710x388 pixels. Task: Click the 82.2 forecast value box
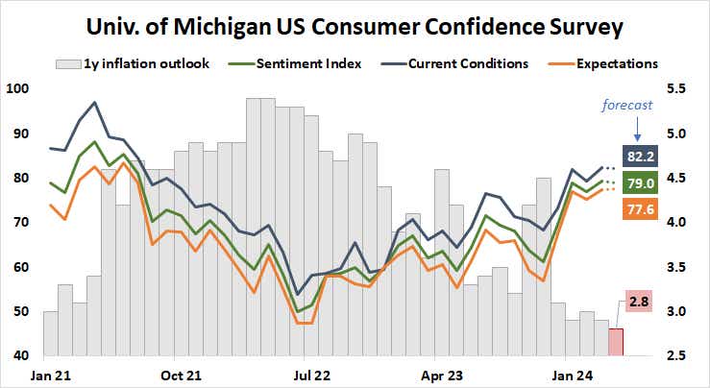coord(640,157)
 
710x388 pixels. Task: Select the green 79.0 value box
coord(640,182)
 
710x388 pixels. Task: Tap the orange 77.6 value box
coord(640,208)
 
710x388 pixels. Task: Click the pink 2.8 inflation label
coord(640,303)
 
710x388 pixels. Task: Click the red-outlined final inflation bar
coord(616,342)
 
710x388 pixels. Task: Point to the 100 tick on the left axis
coord(17,89)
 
